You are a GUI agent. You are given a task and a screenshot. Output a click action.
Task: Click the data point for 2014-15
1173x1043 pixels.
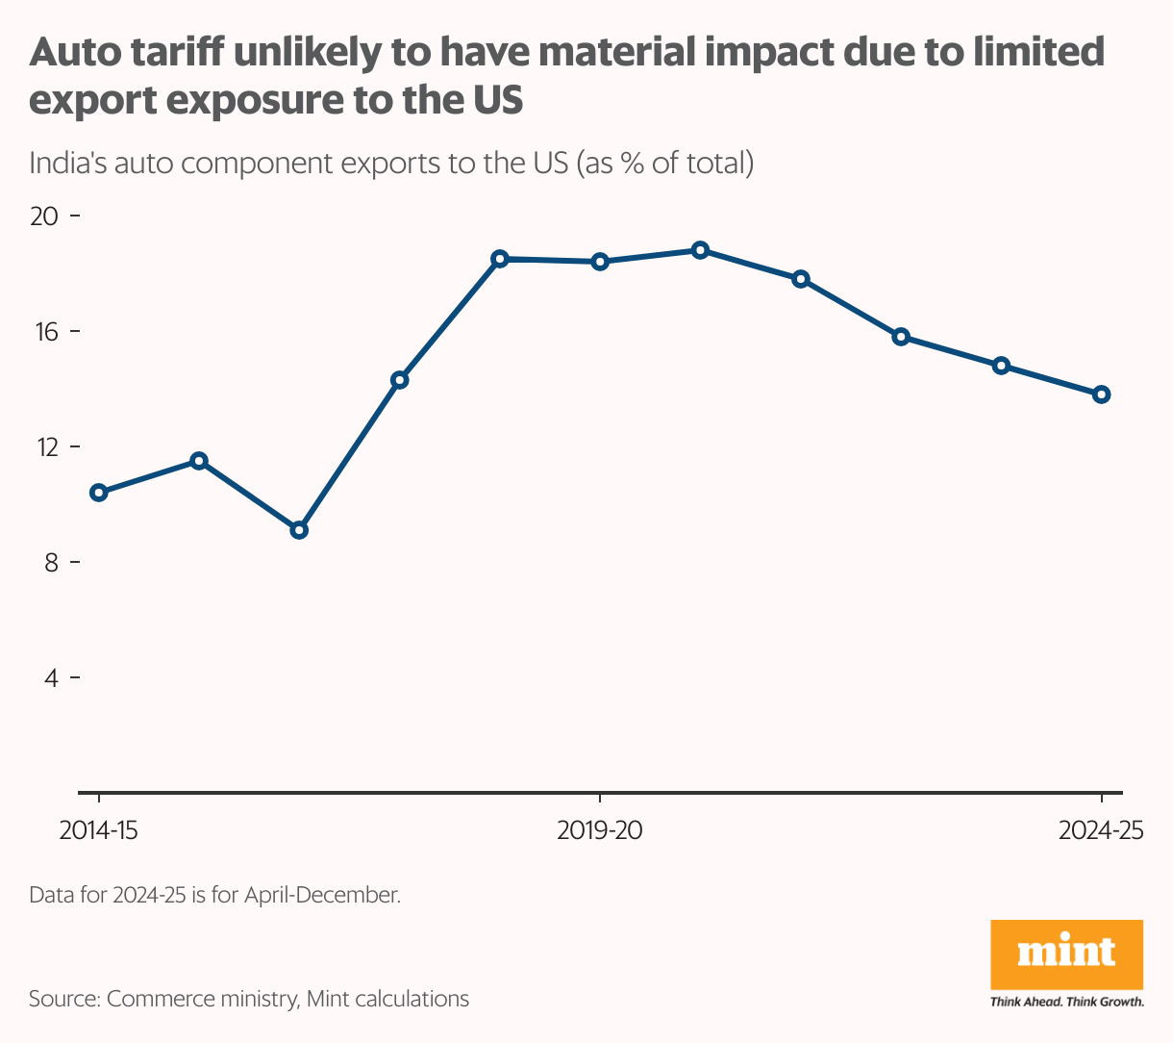(98, 493)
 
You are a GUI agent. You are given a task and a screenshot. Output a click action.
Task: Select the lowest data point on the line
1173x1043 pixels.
(299, 530)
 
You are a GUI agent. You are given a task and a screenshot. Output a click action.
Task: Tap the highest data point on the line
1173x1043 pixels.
(700, 250)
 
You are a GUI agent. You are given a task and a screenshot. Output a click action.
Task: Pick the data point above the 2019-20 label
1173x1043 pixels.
(600, 262)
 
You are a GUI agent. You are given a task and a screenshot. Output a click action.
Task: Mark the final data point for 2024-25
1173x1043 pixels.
(1102, 394)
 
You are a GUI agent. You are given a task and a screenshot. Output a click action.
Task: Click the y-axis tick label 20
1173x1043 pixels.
(44, 216)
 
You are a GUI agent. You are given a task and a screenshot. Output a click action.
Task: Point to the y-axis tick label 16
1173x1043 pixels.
(44, 332)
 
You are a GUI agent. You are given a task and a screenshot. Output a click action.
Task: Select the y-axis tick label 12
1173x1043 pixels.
(44, 447)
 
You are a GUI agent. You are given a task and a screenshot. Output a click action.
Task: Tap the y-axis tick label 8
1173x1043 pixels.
(50, 563)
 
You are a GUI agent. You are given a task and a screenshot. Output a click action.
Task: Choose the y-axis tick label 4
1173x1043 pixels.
(50, 678)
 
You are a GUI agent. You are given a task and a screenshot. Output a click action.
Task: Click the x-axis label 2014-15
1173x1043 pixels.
(98, 830)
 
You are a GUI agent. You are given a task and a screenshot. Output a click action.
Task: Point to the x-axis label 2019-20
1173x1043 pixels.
(600, 830)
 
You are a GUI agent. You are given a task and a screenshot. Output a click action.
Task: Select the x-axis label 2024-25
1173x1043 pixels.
(1101, 830)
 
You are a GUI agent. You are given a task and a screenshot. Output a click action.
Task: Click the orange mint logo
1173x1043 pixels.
(1066, 954)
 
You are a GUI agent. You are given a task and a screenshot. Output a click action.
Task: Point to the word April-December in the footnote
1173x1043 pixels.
(321, 895)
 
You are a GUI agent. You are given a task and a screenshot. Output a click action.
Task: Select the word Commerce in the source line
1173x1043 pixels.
(153, 999)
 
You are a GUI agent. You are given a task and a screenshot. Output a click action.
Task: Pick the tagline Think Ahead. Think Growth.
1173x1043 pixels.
(1066, 1002)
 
